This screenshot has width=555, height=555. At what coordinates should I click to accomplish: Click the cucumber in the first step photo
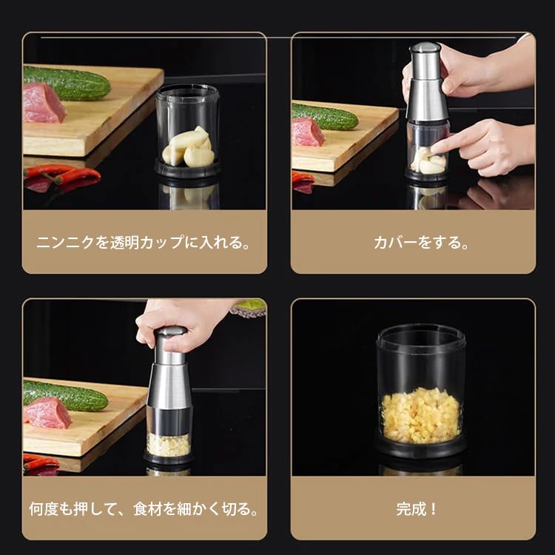tap(67, 83)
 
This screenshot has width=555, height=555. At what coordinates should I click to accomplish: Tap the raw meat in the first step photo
tap(44, 103)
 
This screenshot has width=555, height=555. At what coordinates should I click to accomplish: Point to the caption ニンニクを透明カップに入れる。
tap(144, 243)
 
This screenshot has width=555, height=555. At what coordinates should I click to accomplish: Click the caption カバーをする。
tap(421, 243)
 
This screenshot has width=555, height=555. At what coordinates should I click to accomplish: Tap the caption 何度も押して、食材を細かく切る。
tap(144, 509)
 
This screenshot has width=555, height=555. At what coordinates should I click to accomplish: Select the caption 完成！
tap(417, 509)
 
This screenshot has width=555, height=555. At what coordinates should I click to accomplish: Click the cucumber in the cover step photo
tap(325, 116)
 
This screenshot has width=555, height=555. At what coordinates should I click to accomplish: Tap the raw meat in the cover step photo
tap(307, 132)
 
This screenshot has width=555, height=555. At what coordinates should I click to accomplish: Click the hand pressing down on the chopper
tap(184, 324)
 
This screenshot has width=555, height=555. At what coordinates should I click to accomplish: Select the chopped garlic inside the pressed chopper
tap(169, 444)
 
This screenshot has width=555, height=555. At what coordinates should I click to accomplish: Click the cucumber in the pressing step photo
tap(66, 396)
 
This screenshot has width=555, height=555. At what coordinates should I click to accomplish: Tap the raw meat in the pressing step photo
tap(47, 413)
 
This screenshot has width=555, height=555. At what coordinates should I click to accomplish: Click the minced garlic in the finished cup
tap(420, 416)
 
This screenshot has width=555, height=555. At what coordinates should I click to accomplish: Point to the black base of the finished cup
tap(420, 447)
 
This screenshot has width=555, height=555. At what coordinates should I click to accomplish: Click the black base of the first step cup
tap(188, 169)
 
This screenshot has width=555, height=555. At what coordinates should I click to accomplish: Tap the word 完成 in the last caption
tap(411, 509)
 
